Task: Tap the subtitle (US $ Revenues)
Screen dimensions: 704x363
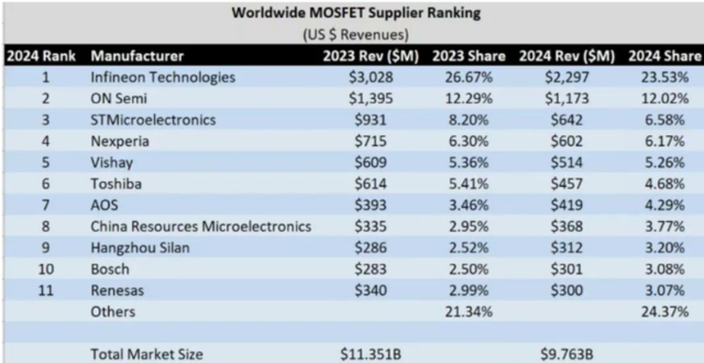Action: (x=356, y=35)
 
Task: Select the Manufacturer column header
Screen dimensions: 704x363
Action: (x=137, y=56)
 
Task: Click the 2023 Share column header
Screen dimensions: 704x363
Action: (x=469, y=56)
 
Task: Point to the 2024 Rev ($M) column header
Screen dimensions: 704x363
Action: (x=567, y=56)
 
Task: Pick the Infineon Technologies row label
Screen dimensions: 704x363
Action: (x=163, y=77)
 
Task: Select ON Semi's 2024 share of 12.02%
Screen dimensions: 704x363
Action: (x=665, y=99)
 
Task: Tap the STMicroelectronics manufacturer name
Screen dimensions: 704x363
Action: (x=153, y=120)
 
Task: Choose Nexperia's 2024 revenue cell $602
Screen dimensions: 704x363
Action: (x=567, y=141)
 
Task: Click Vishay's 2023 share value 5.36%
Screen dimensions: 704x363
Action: (x=469, y=163)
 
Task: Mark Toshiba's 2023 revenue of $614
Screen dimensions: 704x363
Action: (x=371, y=184)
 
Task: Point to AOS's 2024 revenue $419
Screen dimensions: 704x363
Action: (x=567, y=205)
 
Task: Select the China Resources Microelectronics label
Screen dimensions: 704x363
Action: (x=201, y=227)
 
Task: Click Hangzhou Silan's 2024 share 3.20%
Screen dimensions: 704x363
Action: (x=665, y=248)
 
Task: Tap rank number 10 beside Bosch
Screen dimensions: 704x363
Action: (x=46, y=270)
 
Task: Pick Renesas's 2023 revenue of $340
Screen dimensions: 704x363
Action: (x=371, y=291)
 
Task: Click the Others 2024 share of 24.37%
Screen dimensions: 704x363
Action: (x=665, y=312)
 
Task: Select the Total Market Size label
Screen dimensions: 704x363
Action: (x=147, y=355)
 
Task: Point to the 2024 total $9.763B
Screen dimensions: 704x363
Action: (x=567, y=355)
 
